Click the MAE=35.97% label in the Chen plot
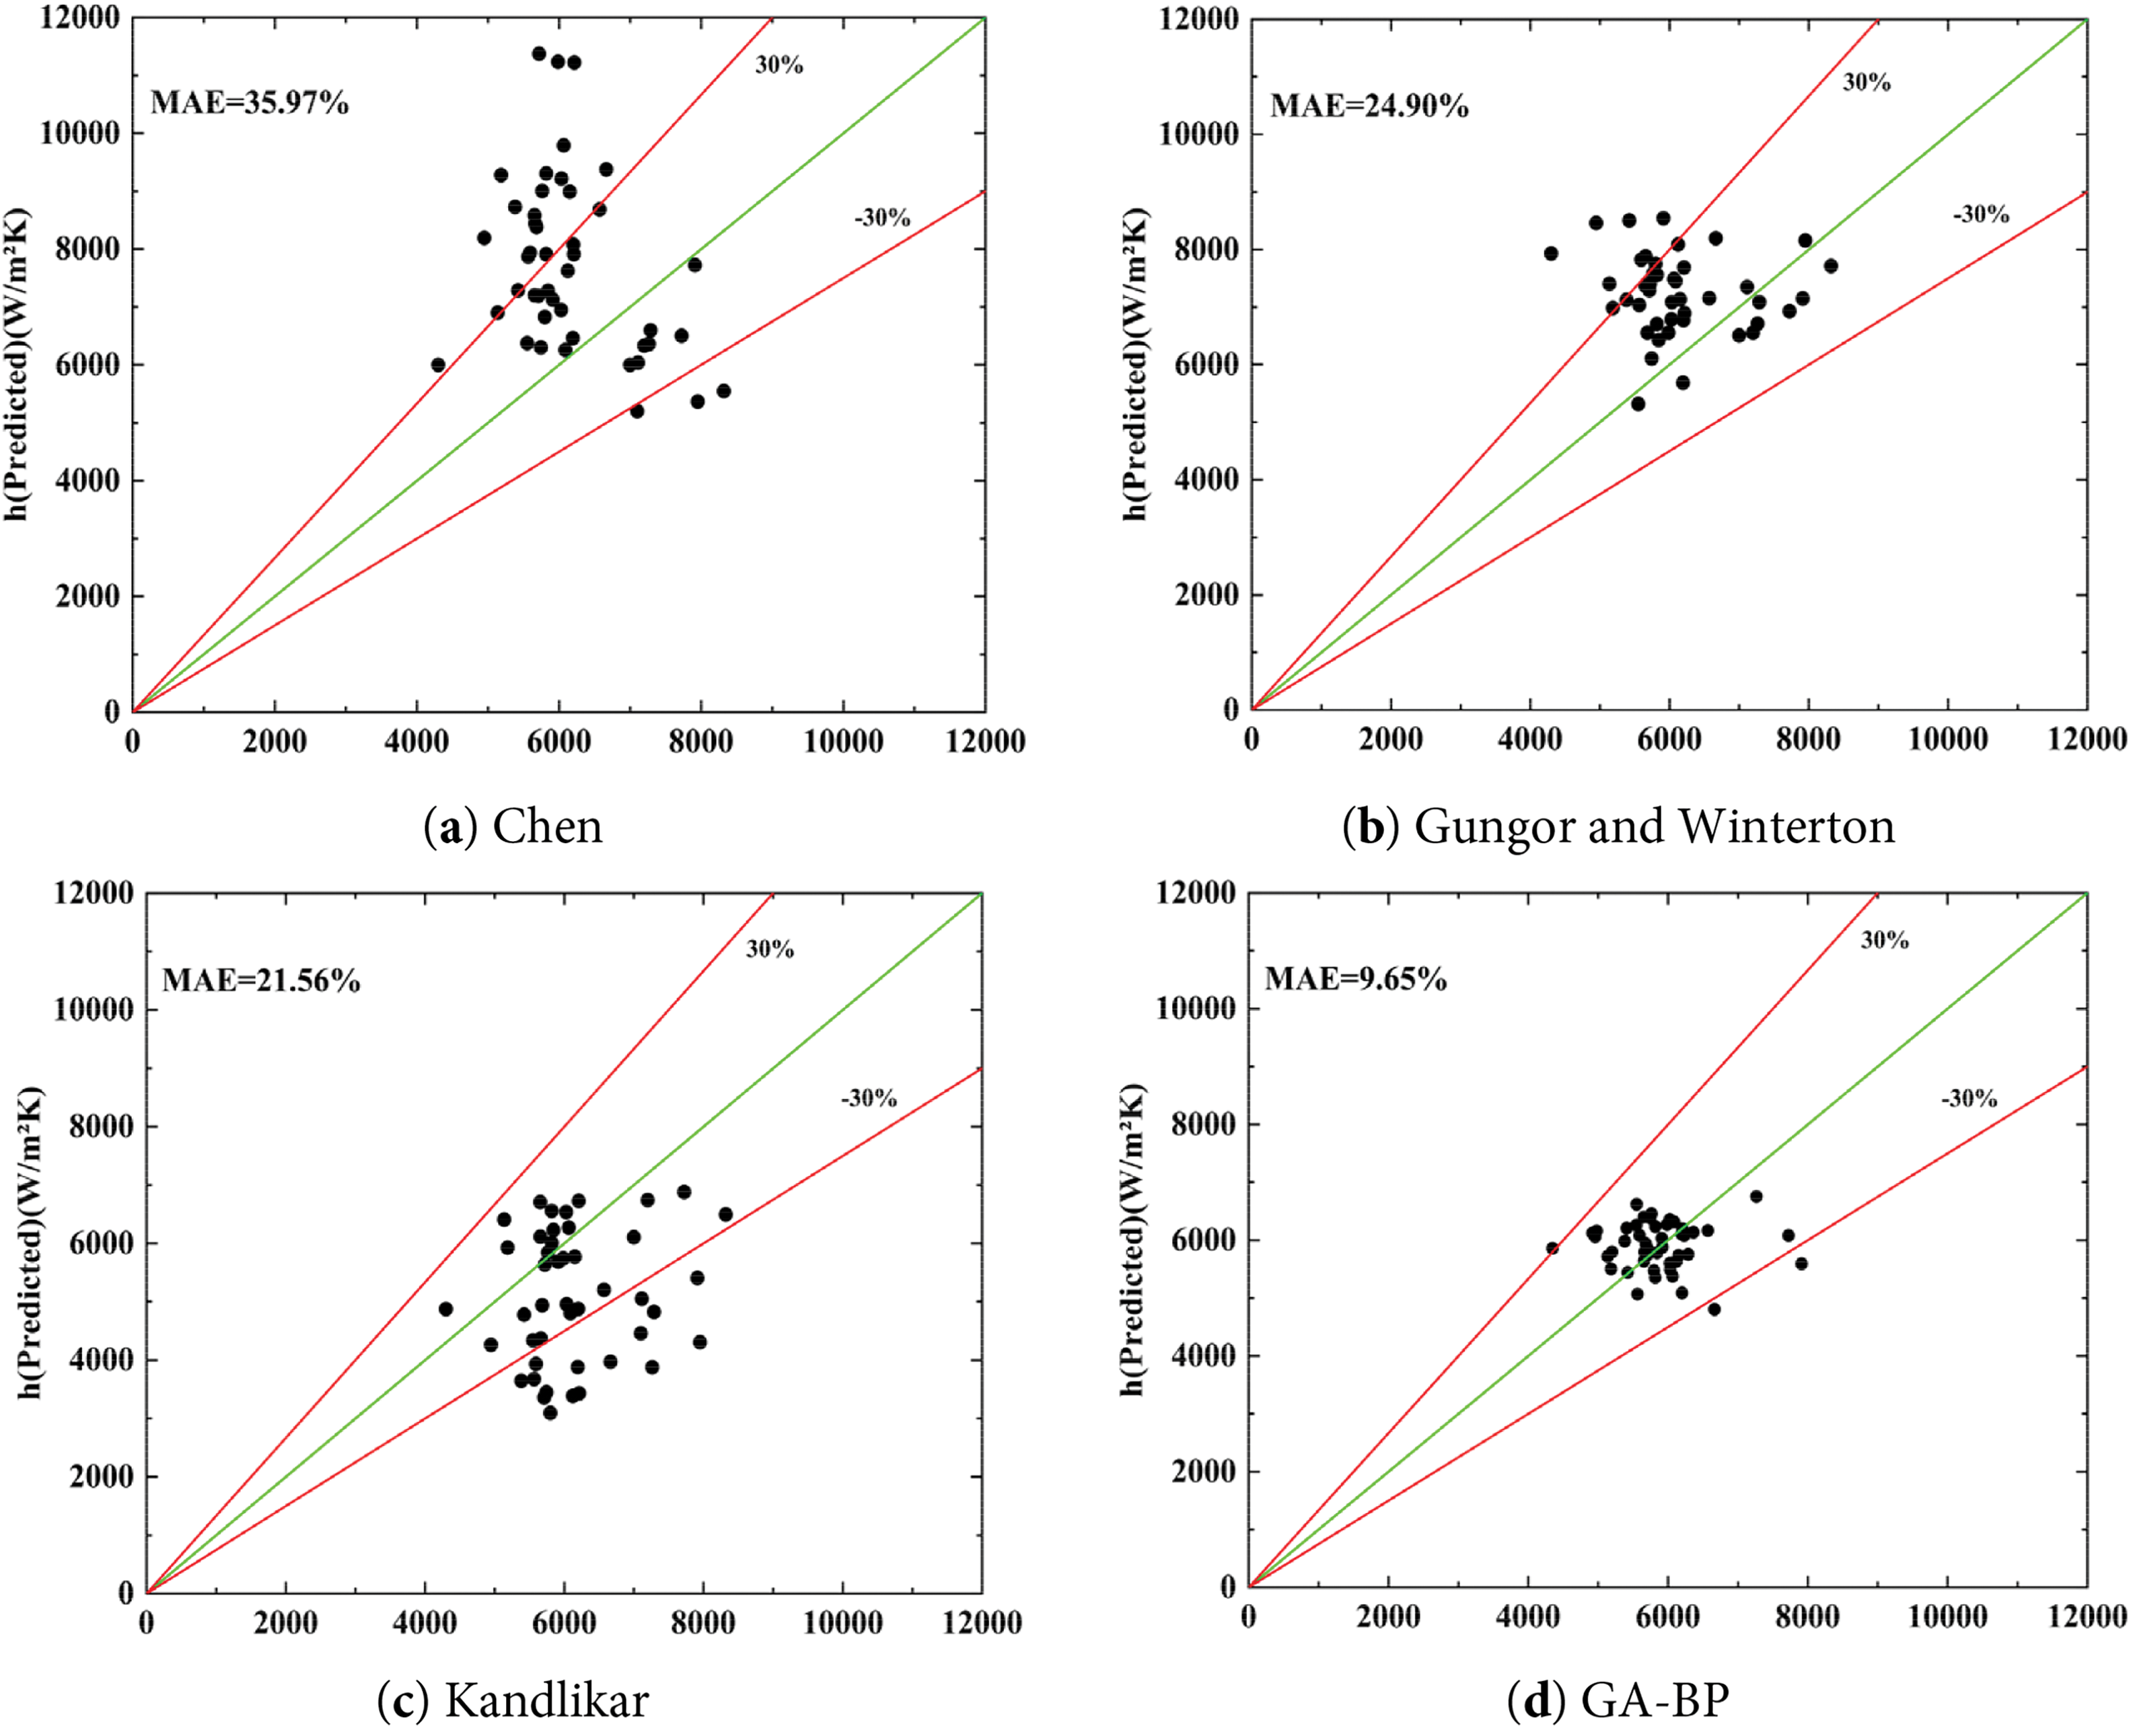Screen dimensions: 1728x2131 (x=249, y=102)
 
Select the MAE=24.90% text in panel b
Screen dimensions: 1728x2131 (x=1369, y=106)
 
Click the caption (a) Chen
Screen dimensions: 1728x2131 (x=513, y=827)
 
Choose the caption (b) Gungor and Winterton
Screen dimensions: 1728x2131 (x=1618, y=827)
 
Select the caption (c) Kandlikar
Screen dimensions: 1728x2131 (x=513, y=1701)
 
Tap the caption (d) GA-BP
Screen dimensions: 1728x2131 (x=1618, y=1701)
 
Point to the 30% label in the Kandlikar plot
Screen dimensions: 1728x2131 (x=769, y=949)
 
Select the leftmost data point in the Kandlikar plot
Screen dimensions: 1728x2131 (x=445, y=1309)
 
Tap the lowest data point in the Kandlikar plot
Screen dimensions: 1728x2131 (x=550, y=1412)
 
